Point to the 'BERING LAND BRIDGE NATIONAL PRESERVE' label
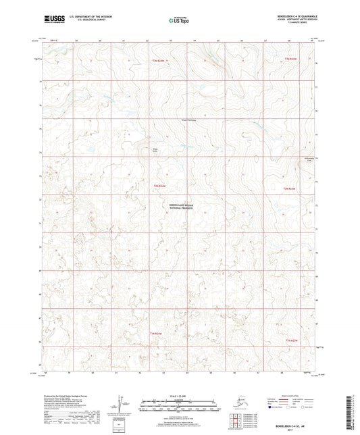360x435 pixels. click(181, 210)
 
